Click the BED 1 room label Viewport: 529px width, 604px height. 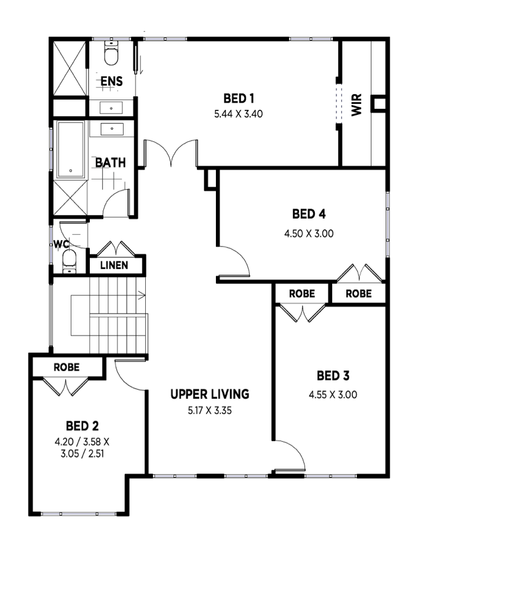[x=239, y=98]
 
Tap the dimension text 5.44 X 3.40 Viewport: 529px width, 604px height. [x=239, y=114]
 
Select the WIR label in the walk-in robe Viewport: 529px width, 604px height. [x=357, y=104]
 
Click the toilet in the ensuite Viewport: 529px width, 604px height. [x=111, y=53]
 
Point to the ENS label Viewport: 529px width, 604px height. [x=111, y=81]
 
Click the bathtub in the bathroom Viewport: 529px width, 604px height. [x=71, y=149]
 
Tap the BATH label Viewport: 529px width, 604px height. [x=111, y=163]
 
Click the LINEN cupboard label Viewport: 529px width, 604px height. [x=114, y=265]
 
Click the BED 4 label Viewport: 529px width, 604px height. [x=309, y=214]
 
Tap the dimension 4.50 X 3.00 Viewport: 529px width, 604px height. [x=309, y=233]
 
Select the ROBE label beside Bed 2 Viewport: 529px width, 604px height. [x=66, y=367]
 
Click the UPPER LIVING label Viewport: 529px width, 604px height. [x=210, y=394]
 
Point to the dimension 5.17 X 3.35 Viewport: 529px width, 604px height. [x=210, y=410]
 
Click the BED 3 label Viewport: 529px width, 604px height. [x=333, y=375]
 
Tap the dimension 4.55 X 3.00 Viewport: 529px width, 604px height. [x=333, y=394]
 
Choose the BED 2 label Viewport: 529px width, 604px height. [x=82, y=426]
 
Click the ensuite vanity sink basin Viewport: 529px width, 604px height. [x=111, y=108]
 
